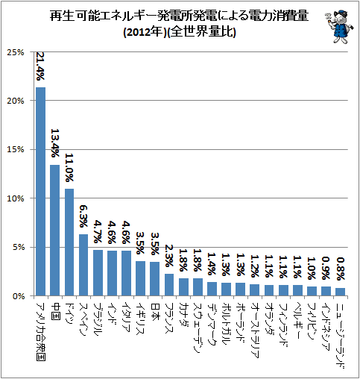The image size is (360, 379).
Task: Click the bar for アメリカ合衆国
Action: [x=41, y=192]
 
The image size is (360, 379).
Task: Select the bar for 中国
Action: [x=55, y=231]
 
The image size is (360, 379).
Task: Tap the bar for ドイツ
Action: [x=69, y=242]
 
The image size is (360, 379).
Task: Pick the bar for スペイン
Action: [x=83, y=265]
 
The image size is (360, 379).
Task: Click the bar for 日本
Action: [x=155, y=279]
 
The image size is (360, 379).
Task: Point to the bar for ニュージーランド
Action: [x=340, y=292]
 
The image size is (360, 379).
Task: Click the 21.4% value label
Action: [x=40, y=66]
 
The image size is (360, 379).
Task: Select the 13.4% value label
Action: [x=55, y=143]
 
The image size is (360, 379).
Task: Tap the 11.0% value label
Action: [x=69, y=167]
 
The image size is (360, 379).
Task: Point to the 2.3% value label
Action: [x=169, y=256]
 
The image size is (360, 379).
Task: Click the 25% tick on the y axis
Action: [x=16, y=52]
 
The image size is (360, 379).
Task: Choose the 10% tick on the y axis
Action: [x=16, y=198]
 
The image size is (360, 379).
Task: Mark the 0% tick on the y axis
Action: [x=18, y=296]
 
